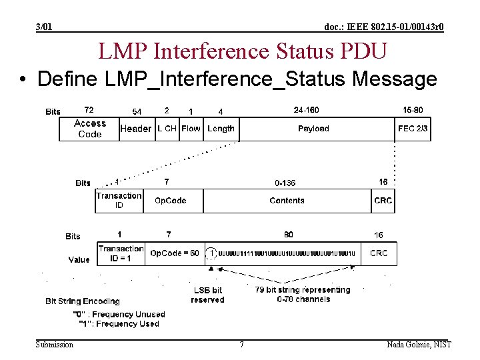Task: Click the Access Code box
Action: pos(89,129)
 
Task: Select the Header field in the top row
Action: pos(136,129)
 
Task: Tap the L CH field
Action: pos(167,129)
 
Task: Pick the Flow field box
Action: pos(191,129)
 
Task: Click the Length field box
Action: pos(221,129)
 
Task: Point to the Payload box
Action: pos(313,129)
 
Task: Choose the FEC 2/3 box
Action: pos(413,129)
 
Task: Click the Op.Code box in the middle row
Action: pos(171,201)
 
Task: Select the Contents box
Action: pos(287,201)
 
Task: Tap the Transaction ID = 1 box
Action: pos(121,253)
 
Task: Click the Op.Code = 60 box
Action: pos(175,253)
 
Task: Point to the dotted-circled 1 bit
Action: pos(212,253)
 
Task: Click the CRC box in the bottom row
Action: pos(379,253)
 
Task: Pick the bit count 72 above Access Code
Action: pos(89,109)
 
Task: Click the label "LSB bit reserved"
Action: pos(207,295)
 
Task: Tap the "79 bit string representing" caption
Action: pos(303,290)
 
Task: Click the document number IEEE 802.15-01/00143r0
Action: pos(384,27)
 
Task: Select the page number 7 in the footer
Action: pos(241,345)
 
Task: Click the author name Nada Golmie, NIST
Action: pos(419,345)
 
